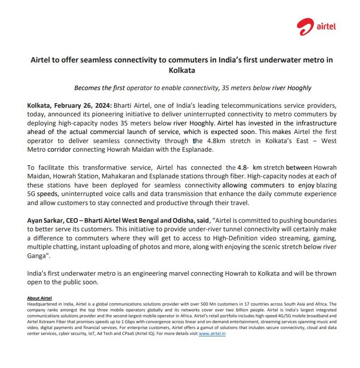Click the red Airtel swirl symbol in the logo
[305, 27]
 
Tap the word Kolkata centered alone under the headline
[182, 71]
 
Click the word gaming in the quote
[325, 238]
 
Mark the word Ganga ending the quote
[37, 256]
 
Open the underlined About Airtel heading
[39, 298]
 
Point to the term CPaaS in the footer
[125, 334]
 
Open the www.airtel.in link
[212, 334]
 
